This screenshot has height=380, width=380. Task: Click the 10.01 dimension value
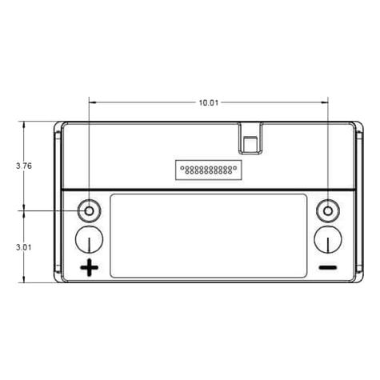click(x=208, y=102)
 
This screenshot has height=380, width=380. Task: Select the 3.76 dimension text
click(x=24, y=166)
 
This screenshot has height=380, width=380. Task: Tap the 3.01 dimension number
click(x=24, y=247)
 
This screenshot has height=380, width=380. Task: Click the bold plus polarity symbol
click(x=89, y=267)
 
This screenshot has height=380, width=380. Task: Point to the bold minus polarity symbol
click(x=327, y=267)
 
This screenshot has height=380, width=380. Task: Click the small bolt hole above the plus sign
click(x=89, y=210)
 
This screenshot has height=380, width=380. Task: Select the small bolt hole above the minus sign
click(x=327, y=210)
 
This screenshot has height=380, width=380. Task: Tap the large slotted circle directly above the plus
click(x=89, y=239)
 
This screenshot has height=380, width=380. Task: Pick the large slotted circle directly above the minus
click(x=327, y=239)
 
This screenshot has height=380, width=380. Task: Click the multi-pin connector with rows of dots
click(x=208, y=170)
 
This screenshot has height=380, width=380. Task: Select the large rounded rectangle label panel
click(x=208, y=236)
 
